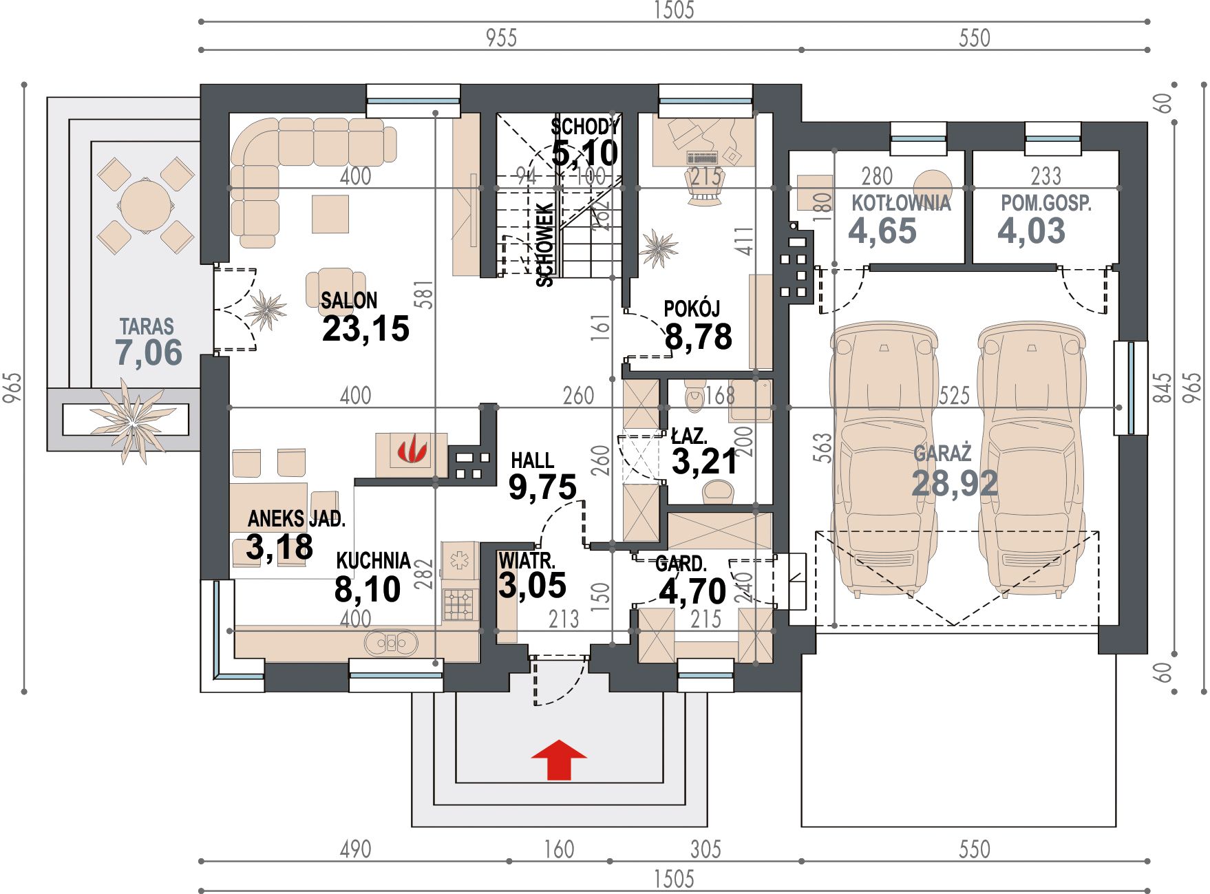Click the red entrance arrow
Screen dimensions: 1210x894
click(559, 760)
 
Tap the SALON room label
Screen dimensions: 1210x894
click(349, 300)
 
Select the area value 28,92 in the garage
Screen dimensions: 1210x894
click(955, 483)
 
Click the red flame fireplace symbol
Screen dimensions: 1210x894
click(412, 451)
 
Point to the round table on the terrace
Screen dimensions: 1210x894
click(145, 205)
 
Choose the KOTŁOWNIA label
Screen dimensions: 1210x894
click(901, 203)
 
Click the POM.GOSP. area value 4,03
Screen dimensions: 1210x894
click(1031, 231)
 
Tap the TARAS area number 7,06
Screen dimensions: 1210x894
click(149, 352)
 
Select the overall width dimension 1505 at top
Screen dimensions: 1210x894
click(674, 10)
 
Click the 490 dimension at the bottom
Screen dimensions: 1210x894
click(355, 849)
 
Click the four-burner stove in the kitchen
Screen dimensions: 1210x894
click(460, 605)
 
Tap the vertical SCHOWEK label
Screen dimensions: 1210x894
click(544, 244)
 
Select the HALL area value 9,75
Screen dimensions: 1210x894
click(542, 487)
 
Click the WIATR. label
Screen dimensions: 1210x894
click(527, 560)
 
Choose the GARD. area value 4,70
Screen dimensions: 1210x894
click(692, 591)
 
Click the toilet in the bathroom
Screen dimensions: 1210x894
click(694, 394)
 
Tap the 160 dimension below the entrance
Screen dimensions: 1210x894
click(559, 849)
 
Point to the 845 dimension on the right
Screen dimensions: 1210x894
click(1163, 388)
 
